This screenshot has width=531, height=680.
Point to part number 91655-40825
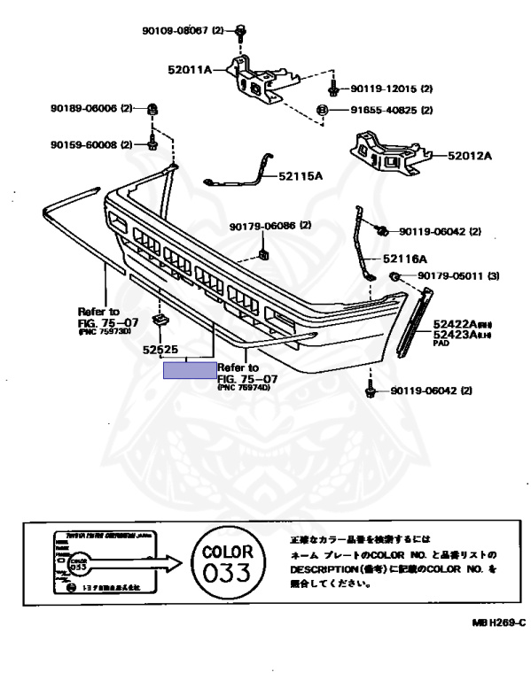pyautogui.click(x=382, y=111)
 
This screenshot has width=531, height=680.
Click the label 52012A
pyautogui.click(x=469, y=155)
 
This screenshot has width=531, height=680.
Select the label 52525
pyautogui.click(x=162, y=351)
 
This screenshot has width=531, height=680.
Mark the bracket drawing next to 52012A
pyautogui.click(x=387, y=148)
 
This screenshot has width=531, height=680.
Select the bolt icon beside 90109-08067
pyautogui.click(x=240, y=32)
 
